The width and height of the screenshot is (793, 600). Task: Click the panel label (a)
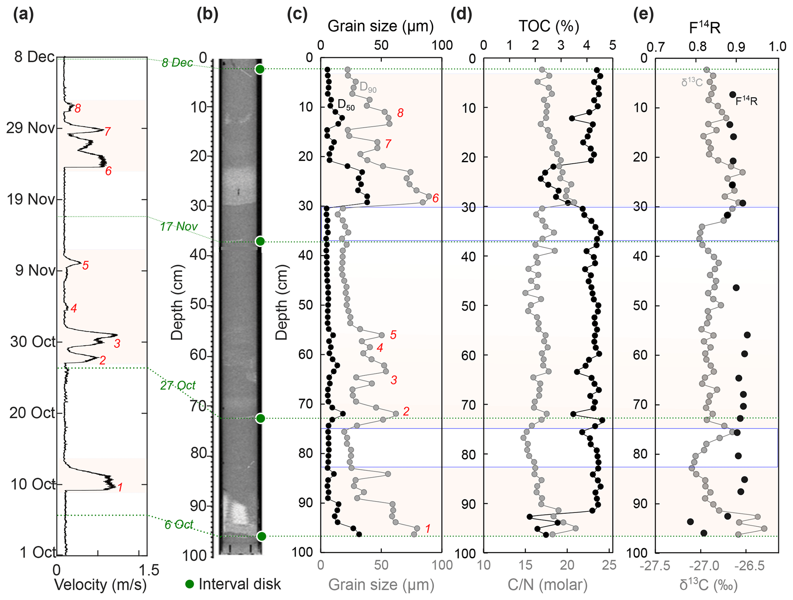tap(23, 15)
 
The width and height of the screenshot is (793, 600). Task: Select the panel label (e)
tap(643, 15)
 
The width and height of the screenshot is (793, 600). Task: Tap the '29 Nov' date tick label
tap(30, 128)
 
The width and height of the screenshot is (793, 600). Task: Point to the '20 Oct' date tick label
tap(33, 413)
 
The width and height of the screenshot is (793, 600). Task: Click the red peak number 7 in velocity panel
tap(107, 132)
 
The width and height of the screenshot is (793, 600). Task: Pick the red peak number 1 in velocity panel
tap(120, 487)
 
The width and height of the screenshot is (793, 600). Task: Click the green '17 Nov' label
tap(178, 227)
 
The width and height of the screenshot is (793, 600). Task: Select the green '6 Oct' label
tap(179, 524)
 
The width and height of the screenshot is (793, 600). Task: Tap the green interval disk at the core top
tap(260, 69)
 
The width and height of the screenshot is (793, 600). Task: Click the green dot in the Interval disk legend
tap(190, 584)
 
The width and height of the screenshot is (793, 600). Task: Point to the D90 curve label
tap(368, 87)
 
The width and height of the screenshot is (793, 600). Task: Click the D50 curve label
tap(346, 104)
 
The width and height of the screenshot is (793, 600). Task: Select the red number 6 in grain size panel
tap(435, 198)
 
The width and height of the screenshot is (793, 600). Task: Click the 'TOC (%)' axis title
tap(549, 26)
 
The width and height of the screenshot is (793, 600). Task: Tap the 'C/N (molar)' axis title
tap(547, 585)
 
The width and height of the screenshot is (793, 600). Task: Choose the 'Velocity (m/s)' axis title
tap(101, 585)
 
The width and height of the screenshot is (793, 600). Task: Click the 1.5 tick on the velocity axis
tap(149, 570)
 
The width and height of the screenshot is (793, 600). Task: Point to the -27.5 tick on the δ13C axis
tap(655, 566)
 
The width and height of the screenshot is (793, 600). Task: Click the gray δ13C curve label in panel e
tap(692, 82)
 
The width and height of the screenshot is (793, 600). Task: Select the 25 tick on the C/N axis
tap(609, 565)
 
